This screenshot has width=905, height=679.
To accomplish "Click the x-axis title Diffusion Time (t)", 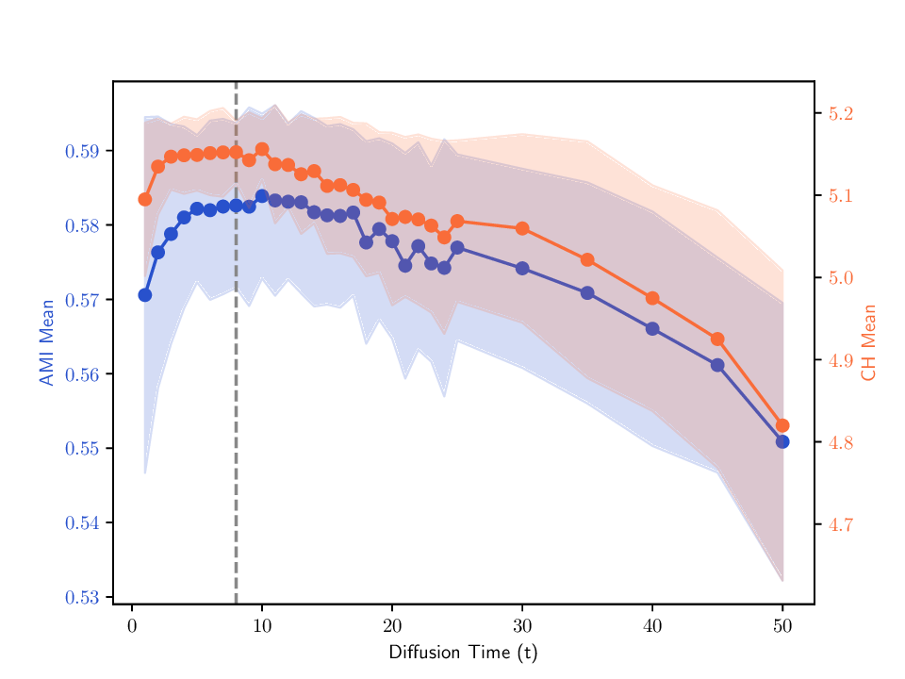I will pyautogui.click(x=463, y=653).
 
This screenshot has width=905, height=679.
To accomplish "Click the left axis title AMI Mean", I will pyautogui.click(x=45, y=342).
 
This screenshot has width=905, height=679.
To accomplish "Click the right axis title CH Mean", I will pyautogui.click(x=868, y=342).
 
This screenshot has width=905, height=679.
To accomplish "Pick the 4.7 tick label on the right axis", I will pyautogui.click(x=841, y=525).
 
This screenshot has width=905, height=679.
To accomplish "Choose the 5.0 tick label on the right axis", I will pyautogui.click(x=841, y=278).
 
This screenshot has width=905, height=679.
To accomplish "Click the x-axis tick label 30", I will pyautogui.click(x=521, y=626).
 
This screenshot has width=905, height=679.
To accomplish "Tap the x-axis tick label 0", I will pyautogui.click(x=132, y=626).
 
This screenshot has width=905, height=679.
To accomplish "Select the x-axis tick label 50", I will pyautogui.click(x=782, y=626).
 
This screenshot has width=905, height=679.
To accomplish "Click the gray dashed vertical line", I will pyautogui.click(x=236, y=377).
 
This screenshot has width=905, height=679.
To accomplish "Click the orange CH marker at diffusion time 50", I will pyautogui.click(x=782, y=426).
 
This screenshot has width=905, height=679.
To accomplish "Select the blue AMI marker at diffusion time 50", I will pyautogui.click(x=782, y=442).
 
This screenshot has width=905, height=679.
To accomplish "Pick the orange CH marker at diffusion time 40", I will pyautogui.click(x=651, y=298).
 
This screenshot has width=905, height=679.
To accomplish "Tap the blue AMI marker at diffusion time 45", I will pyautogui.click(x=717, y=365).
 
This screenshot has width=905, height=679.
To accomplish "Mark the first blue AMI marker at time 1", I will pyautogui.click(x=144, y=295).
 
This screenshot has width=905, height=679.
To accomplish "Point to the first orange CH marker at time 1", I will pyautogui.click(x=144, y=199).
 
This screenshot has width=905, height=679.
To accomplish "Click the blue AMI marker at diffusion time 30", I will pyautogui.click(x=521, y=269).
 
